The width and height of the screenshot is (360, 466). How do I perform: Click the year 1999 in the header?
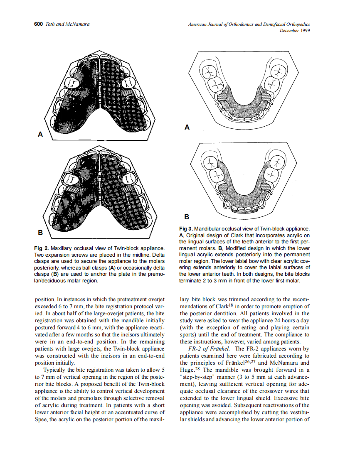pyautogui.click(x=304, y=31)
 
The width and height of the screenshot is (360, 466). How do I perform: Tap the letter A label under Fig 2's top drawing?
pyautogui.click(x=40, y=134)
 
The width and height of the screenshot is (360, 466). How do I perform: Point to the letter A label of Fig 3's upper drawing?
pyautogui.click(x=187, y=128)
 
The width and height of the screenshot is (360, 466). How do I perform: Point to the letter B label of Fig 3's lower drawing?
pyautogui.click(x=187, y=217)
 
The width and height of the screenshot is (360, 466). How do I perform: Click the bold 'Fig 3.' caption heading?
pyautogui.click(x=186, y=229)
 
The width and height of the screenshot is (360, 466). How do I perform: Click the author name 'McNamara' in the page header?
pyautogui.click(x=78, y=25)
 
